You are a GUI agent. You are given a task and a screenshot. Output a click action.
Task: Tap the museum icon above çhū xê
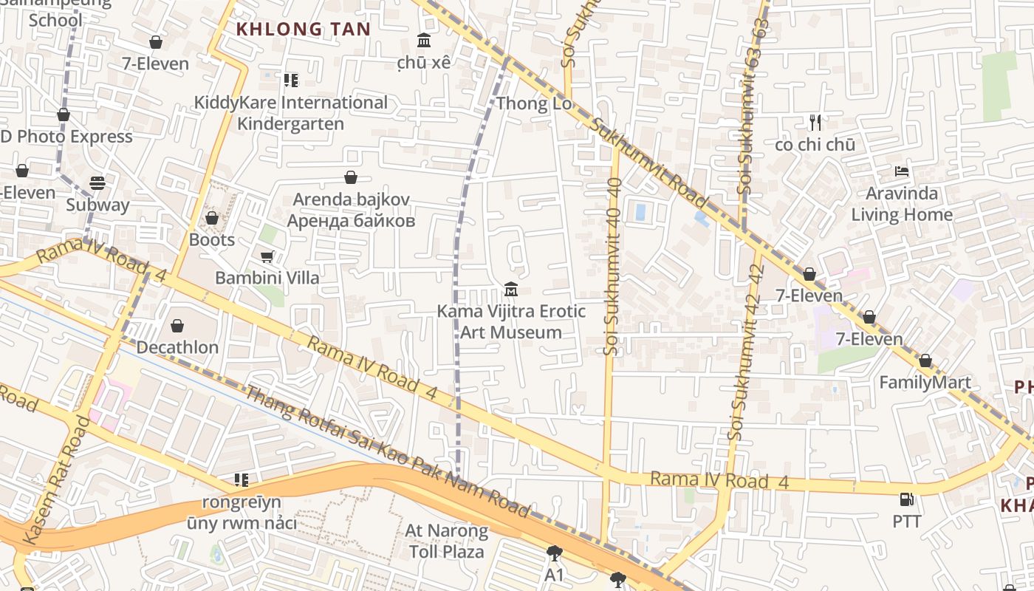click(424, 40)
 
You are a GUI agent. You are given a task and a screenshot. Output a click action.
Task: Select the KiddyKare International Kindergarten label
click(290, 113)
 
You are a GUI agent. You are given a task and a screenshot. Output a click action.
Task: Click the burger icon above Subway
click(97, 182)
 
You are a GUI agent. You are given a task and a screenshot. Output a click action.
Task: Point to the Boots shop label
click(212, 240)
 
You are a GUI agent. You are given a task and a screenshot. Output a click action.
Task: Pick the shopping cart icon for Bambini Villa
click(267, 256)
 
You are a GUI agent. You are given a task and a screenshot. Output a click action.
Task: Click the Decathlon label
click(177, 347)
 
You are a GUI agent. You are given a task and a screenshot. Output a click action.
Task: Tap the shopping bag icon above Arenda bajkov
click(351, 177)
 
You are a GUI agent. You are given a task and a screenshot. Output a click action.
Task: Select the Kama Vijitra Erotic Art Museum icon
click(510, 289)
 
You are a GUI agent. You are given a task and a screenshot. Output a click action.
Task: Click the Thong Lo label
click(534, 103)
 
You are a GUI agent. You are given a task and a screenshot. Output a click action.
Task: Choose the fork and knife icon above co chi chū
click(815, 122)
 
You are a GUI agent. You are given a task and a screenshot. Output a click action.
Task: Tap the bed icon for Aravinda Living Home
click(902, 171)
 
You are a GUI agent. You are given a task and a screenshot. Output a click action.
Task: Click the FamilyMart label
click(925, 383)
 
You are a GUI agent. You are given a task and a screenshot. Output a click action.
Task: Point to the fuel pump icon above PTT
click(906, 499)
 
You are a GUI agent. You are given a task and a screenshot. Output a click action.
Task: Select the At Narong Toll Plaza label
click(446, 541)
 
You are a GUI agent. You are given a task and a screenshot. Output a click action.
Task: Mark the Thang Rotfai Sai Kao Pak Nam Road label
click(388, 452)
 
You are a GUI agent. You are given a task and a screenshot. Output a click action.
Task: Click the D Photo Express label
click(66, 137)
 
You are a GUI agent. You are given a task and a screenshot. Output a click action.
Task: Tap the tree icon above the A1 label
click(554, 553)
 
